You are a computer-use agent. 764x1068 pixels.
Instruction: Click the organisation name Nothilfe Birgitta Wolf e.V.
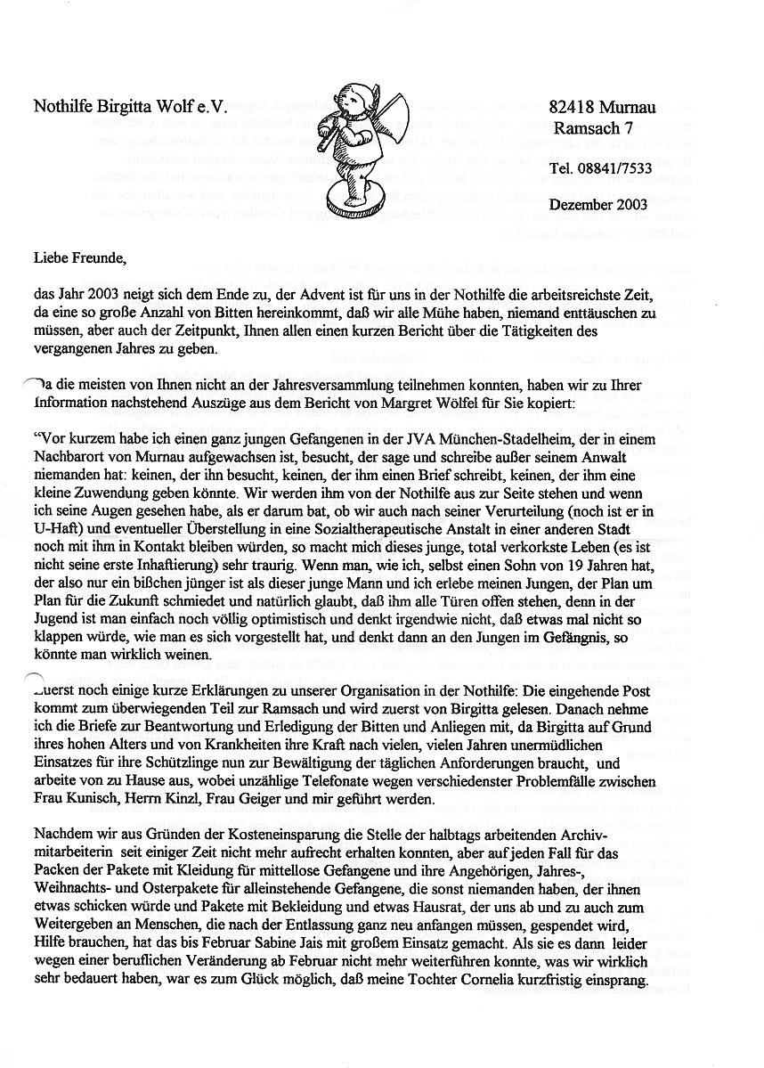point(131,107)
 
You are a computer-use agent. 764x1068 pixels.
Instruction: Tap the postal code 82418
point(574,108)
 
